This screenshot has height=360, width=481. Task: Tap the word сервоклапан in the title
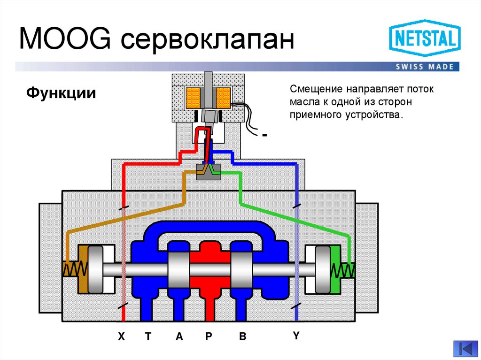pyautogui.click(x=207, y=40)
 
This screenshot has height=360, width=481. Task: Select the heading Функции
pyautogui.click(x=61, y=92)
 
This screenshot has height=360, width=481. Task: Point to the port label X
pyautogui.click(x=122, y=336)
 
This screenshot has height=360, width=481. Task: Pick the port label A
pyautogui.click(x=179, y=336)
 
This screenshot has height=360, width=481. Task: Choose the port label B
pyautogui.click(x=242, y=336)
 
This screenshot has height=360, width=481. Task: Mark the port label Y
pyautogui.click(x=296, y=335)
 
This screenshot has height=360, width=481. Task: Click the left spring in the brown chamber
pyautogui.click(x=75, y=269)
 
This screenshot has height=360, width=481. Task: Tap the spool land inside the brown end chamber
pyautogui.click(x=96, y=269)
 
